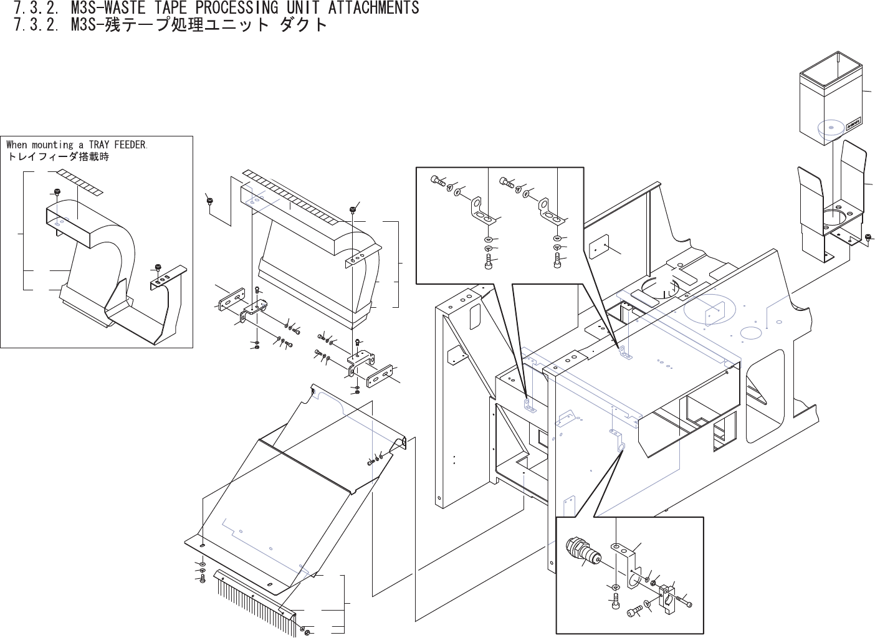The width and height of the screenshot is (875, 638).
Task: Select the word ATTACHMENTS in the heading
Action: click(373, 7)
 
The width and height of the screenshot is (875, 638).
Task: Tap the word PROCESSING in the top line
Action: click(237, 7)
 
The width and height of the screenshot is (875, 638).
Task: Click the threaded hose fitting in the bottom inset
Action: click(582, 550)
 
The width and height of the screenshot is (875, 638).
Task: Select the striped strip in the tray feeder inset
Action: click(80, 181)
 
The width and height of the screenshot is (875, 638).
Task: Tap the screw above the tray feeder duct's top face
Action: click(57, 191)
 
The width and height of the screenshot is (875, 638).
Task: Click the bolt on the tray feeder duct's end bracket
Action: click(158, 269)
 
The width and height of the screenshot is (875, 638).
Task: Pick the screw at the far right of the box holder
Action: click(869, 237)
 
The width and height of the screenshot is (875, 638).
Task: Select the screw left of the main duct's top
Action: click(209, 200)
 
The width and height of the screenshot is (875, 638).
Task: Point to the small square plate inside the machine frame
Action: click(600, 247)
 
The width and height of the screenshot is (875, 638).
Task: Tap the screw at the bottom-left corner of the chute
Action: click(202, 578)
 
